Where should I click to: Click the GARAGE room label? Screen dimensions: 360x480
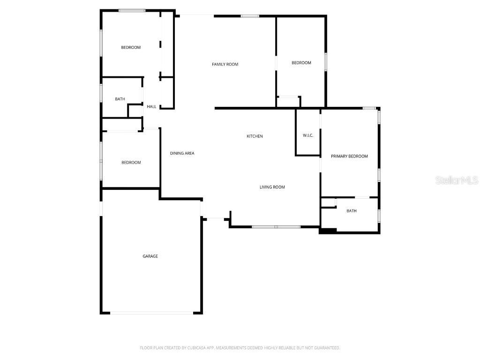150,256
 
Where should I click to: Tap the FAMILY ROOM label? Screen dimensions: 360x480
225,64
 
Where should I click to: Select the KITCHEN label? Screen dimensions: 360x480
255,136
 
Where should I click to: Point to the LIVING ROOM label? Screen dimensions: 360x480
272,187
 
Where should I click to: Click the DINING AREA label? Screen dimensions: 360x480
182,153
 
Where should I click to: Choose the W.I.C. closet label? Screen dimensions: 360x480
308,135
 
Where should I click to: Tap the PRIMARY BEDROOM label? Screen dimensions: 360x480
349,157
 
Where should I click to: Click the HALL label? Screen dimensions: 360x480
151,107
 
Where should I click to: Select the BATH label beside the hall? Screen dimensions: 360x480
120,99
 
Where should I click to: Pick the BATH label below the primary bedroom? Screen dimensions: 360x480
352,211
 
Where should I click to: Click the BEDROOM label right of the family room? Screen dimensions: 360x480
301,63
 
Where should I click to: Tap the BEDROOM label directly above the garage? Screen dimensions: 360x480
131,163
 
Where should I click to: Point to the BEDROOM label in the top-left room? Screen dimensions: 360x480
131,47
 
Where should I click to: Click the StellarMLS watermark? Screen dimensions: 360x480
457,180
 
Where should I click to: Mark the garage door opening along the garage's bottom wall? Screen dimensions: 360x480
151,313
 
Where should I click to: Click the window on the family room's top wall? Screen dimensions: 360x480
250,16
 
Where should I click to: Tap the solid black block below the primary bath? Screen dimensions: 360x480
328,231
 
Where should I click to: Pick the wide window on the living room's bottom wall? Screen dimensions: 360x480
276,227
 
